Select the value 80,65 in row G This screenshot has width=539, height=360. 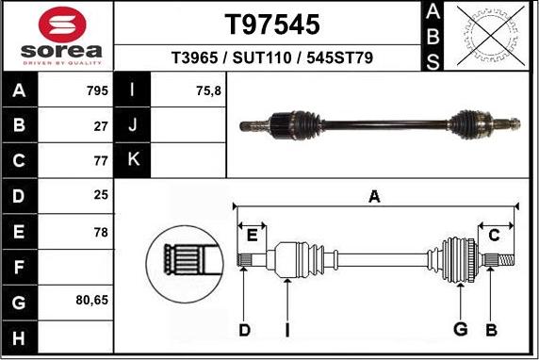coord(90,301)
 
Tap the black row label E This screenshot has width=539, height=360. coord(20,231)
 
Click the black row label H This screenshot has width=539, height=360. coord(20,335)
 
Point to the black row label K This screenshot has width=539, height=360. coord(133,160)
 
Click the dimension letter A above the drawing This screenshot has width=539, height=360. coord(374,196)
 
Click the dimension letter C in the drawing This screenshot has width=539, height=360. coord(493,236)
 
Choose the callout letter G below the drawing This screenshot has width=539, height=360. coord(460,329)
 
